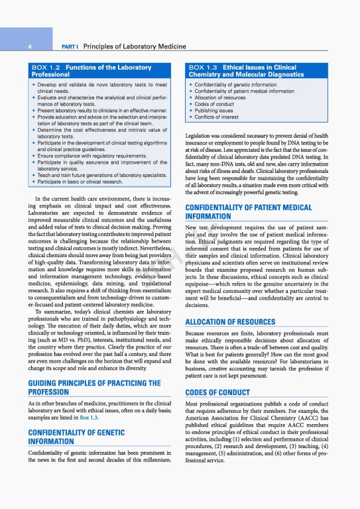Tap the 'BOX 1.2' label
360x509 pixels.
(x=46, y=68)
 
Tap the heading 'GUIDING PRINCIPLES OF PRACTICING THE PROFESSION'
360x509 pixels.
(x=93, y=387)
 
